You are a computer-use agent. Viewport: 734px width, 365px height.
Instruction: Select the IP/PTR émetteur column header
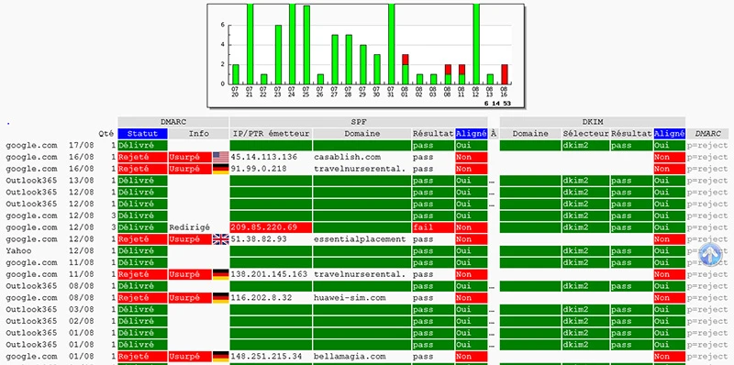click(270, 133)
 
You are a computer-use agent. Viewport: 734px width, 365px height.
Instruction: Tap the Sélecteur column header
click(585, 133)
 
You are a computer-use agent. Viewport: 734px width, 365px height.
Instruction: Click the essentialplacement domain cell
click(360, 238)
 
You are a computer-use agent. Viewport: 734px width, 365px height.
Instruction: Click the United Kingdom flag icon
click(220, 238)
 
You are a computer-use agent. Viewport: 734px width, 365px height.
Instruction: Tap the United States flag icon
click(220, 157)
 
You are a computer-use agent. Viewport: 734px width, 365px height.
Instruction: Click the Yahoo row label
click(19, 250)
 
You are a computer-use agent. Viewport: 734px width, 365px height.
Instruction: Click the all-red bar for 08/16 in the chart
click(505, 73)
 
